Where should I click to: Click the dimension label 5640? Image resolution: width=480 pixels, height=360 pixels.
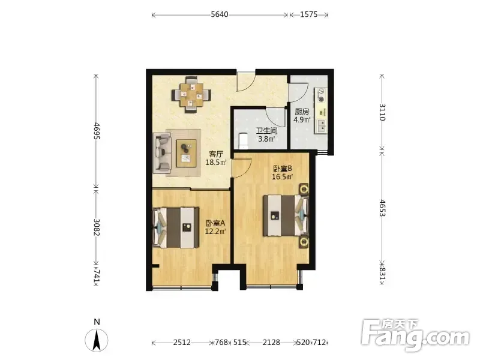pyautogui.click(x=220, y=14)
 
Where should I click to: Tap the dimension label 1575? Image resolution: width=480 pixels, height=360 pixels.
pyautogui.click(x=308, y=14)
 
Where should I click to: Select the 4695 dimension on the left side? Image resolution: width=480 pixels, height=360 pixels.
pyautogui.click(x=97, y=131)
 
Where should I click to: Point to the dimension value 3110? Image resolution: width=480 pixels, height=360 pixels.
pyautogui.click(x=382, y=112)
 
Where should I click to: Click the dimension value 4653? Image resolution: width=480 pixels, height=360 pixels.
pyautogui.click(x=382, y=208)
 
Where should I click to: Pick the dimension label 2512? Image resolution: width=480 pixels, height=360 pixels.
pyautogui.click(x=182, y=342)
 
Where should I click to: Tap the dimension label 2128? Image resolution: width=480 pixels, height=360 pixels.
pyautogui.click(x=271, y=342)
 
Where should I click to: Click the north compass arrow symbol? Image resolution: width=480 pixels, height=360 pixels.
pyautogui.click(x=97, y=340)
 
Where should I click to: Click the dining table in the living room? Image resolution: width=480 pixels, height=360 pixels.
pyautogui.click(x=192, y=95)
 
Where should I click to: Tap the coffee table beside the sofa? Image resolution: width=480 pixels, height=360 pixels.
pyautogui.click(x=186, y=153)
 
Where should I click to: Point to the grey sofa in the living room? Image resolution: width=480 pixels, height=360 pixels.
pyautogui.click(x=162, y=153)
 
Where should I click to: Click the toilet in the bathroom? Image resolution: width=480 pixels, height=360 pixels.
pyautogui.click(x=242, y=140)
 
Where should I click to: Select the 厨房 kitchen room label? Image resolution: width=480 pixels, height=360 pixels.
pyautogui.click(x=302, y=112)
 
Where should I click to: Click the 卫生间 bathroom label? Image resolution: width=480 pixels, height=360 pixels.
pyautogui.click(x=266, y=131)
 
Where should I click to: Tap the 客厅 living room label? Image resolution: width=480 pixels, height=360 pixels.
pyautogui.click(x=216, y=154)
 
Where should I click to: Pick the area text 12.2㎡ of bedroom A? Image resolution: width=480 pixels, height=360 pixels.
pyautogui.click(x=215, y=232)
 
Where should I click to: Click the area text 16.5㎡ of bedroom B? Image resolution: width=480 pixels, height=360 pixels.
pyautogui.click(x=283, y=176)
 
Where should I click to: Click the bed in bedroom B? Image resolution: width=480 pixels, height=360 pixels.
pyautogui.click(x=286, y=215)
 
